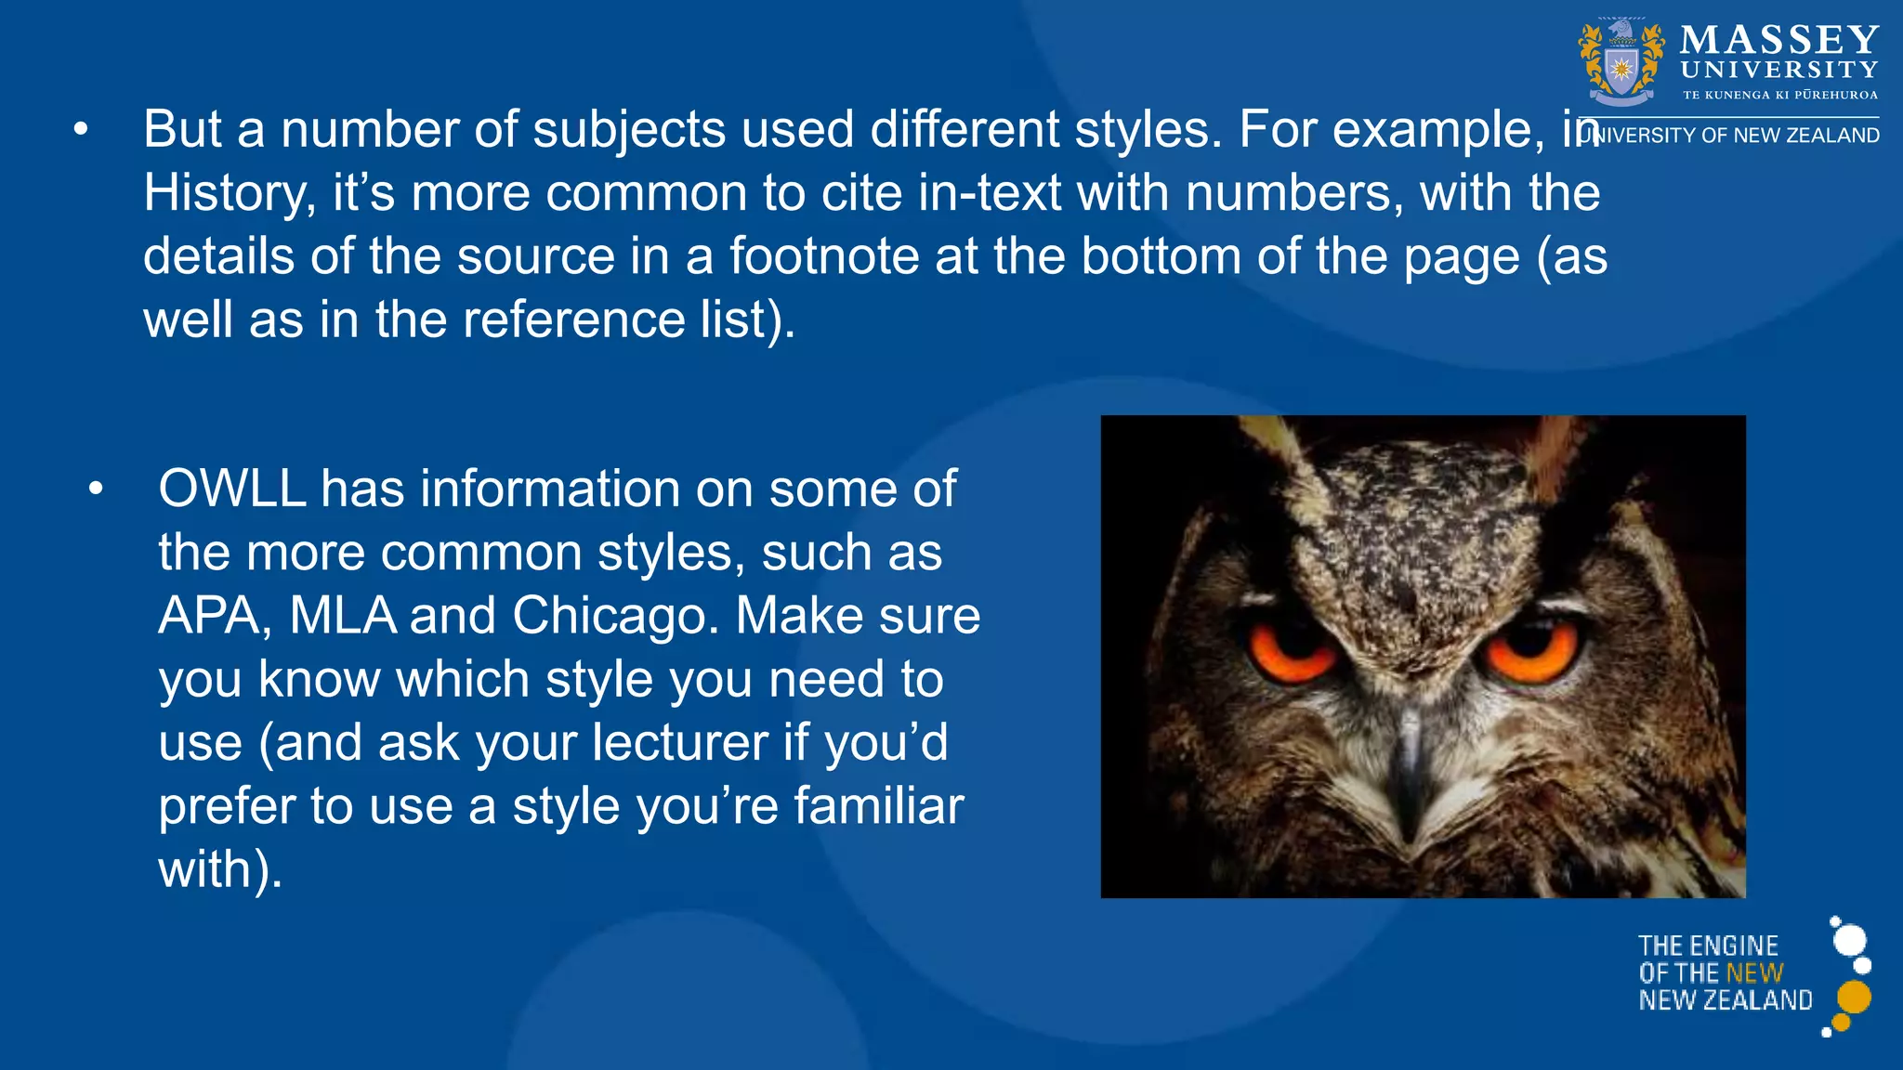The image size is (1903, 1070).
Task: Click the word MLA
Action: coord(343,616)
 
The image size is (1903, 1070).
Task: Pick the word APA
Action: coord(209,616)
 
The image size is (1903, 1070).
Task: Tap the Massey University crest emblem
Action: coord(1621,63)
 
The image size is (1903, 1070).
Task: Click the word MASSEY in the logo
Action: coord(1779,40)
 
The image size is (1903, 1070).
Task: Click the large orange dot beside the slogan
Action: coord(1854,997)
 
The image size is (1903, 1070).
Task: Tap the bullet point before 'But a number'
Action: coord(82,131)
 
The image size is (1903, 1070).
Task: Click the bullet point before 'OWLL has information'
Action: coord(96,489)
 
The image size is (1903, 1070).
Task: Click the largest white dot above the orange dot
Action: coord(1850,940)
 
